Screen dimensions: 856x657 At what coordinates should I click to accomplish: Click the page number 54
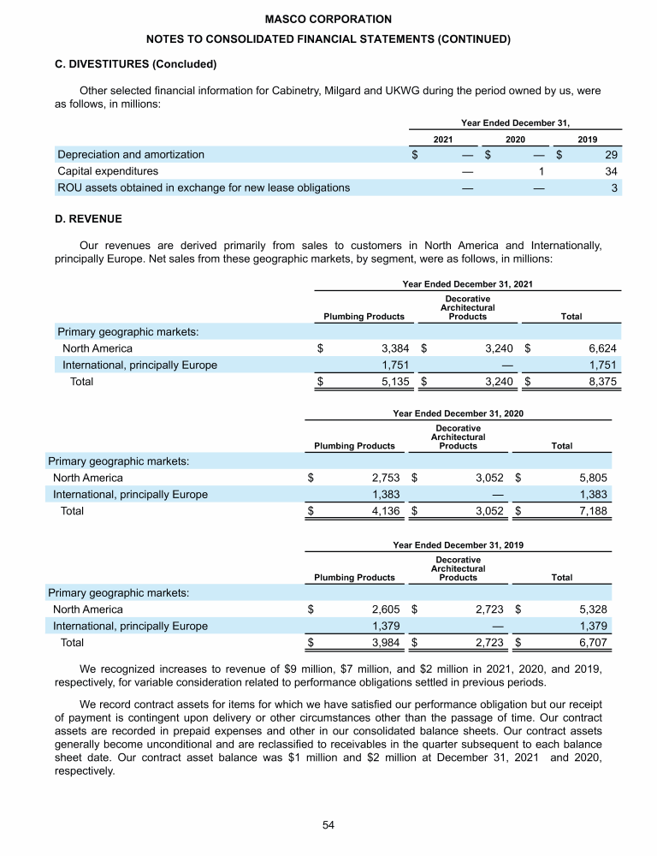(328, 824)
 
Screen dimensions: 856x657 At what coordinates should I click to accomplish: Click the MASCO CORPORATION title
(328, 19)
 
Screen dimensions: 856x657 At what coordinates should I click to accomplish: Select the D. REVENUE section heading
(88, 219)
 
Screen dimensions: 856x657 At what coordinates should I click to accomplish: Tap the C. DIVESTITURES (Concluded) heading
(135, 64)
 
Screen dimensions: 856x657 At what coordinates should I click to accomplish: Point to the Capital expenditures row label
(108, 171)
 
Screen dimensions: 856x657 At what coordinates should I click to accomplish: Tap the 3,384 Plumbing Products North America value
(394, 349)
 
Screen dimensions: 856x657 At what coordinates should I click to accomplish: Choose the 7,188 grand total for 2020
(591, 511)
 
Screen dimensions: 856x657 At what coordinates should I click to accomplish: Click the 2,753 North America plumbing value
(385, 479)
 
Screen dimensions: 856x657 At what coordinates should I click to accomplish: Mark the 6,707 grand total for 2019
(591, 642)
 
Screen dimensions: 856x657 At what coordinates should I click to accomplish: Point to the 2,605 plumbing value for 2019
(385, 609)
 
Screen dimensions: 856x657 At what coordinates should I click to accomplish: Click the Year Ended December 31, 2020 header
(458, 413)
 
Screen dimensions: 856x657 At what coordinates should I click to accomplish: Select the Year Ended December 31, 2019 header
(458, 544)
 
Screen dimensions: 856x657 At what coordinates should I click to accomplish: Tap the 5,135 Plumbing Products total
(394, 382)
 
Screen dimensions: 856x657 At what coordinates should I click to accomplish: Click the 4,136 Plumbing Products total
(385, 511)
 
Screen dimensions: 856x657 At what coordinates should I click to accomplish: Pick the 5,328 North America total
(591, 609)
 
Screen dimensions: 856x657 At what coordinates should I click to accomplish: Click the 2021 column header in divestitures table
(443, 139)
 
